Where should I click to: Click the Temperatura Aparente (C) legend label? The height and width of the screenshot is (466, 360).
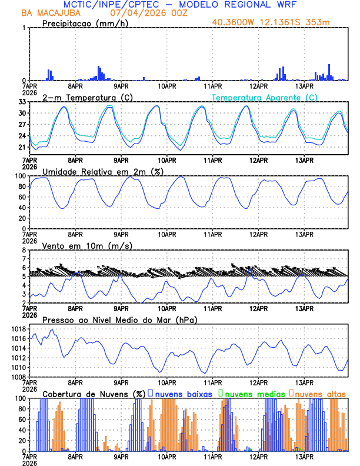coord(265,97)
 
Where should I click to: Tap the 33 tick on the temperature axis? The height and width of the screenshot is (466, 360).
coord(22,102)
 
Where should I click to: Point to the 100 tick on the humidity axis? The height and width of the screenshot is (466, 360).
coord(20,176)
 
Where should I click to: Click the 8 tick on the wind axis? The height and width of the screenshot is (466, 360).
coord(24,250)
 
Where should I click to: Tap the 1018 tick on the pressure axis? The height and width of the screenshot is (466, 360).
coord(18,329)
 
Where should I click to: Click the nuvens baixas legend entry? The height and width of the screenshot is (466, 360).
coord(183,394)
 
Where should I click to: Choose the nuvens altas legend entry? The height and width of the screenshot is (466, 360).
coord(320,394)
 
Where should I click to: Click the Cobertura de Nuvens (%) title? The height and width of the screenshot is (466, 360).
coord(94,394)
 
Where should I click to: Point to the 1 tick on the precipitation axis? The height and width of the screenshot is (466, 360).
coord(24,28)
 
